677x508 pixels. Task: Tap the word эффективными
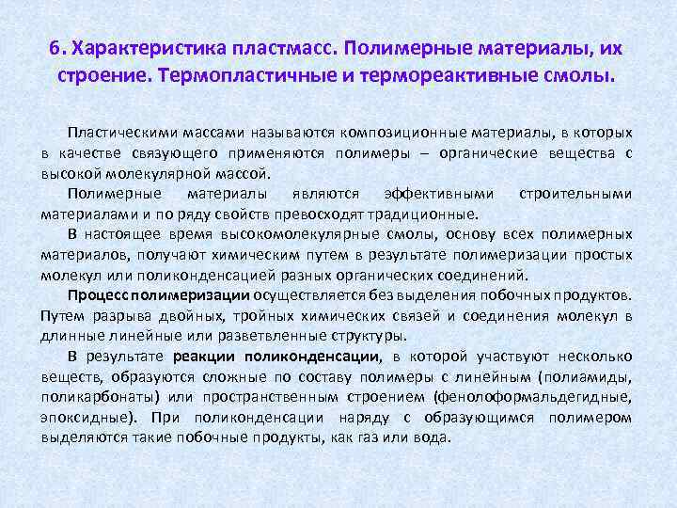click(x=439, y=194)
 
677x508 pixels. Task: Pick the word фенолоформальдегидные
click(x=554, y=397)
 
